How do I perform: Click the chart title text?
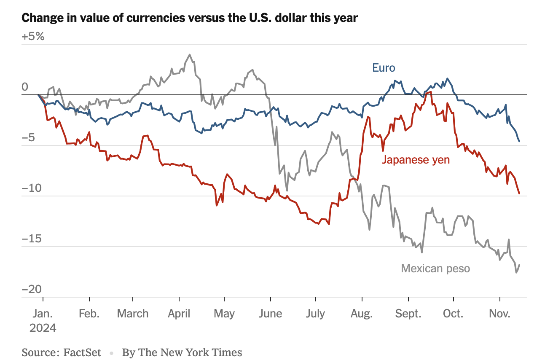click(190, 18)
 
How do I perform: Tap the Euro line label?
click(384, 67)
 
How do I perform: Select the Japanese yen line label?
click(416, 160)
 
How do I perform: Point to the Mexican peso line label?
click(435, 268)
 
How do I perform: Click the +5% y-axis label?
click(33, 36)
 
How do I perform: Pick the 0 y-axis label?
click(25, 87)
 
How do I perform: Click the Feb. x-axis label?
click(89, 314)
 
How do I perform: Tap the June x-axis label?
click(270, 314)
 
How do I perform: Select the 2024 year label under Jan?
click(43, 328)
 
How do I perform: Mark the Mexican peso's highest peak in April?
click(190, 54)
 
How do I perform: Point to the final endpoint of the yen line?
click(519, 193)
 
